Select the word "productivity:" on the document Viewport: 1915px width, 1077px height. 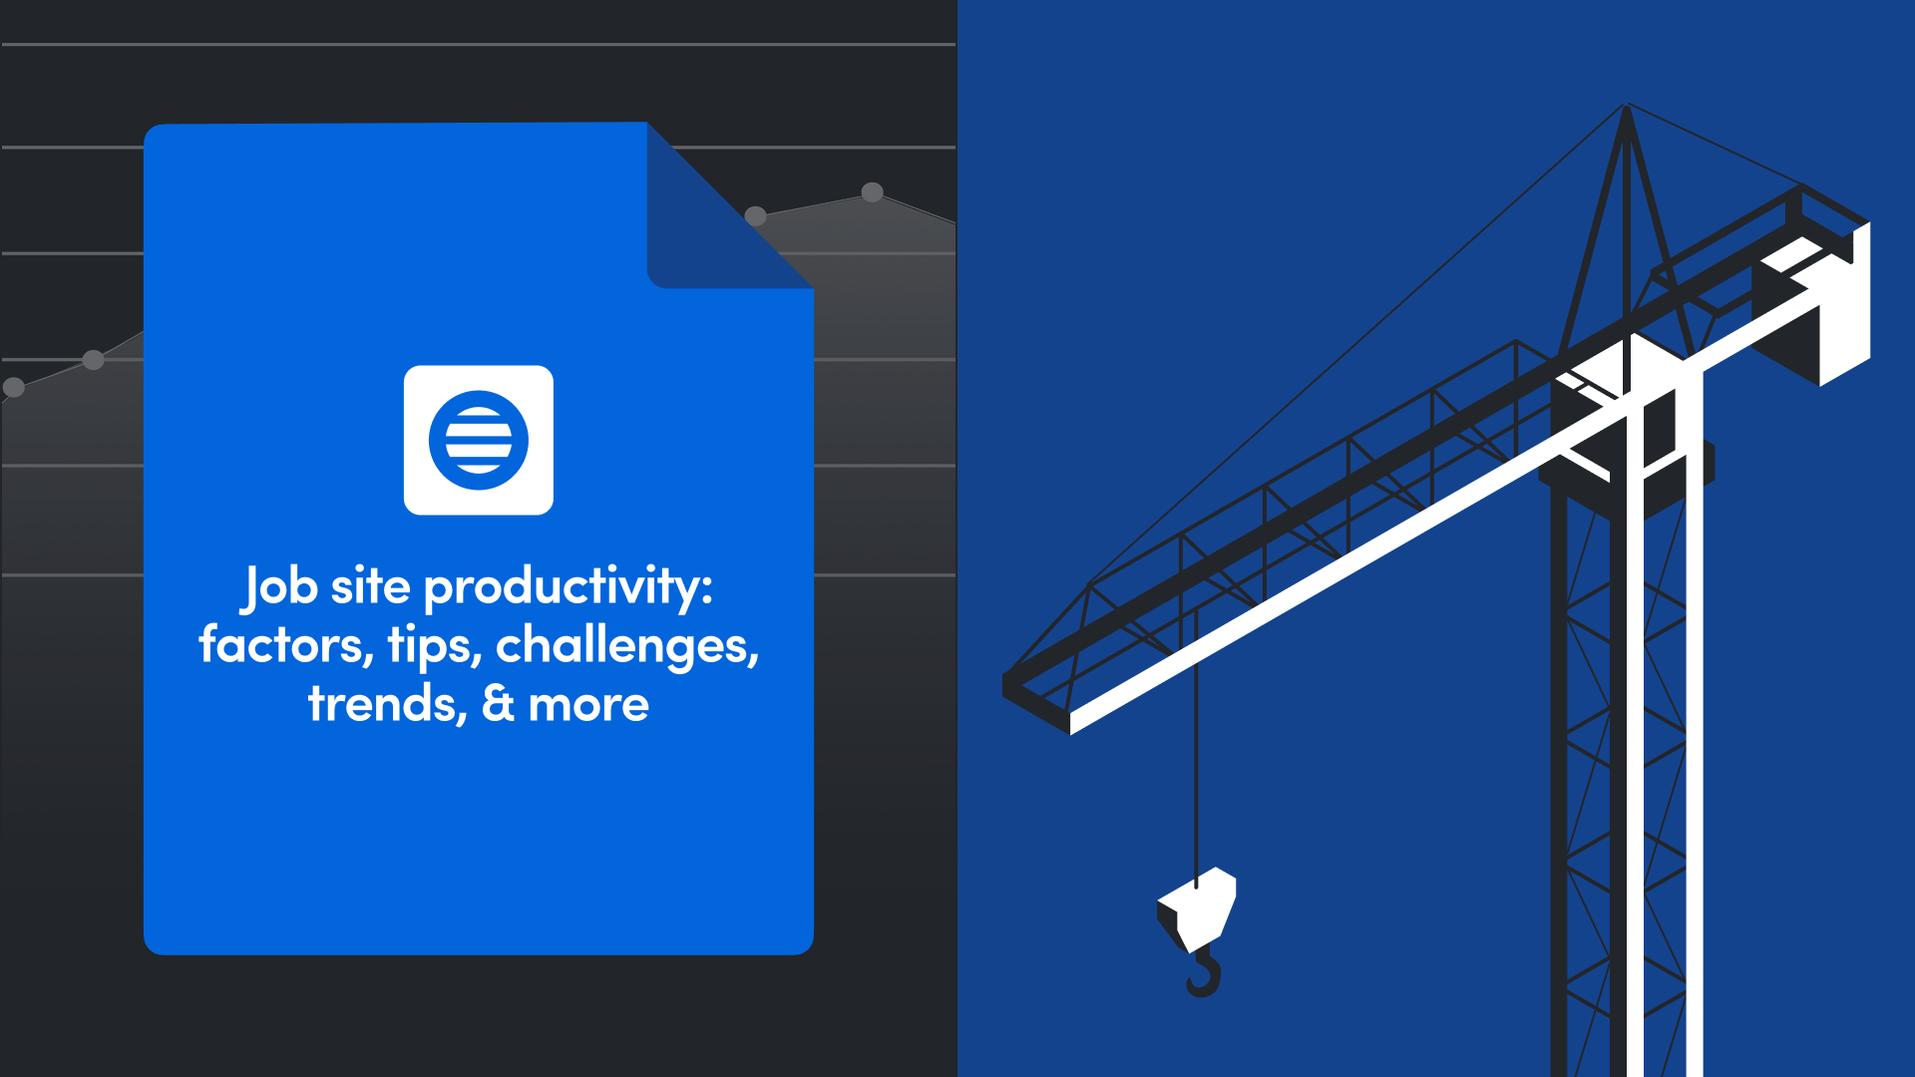[569, 586]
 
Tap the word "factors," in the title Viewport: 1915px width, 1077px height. [285, 645]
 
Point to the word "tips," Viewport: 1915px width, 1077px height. [435, 645]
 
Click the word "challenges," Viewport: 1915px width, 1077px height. [627, 645]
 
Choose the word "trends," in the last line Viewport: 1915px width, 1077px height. [387, 704]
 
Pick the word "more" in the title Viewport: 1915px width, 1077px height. [588, 704]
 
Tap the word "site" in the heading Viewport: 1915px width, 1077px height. [370, 586]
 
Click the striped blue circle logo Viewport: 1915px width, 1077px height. [479, 440]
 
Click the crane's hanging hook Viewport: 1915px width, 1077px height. [1205, 974]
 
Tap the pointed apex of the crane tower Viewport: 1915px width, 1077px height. [1627, 107]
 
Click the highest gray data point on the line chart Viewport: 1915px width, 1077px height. [873, 191]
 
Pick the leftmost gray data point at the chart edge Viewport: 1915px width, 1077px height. [14, 387]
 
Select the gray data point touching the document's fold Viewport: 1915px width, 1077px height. [756, 215]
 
